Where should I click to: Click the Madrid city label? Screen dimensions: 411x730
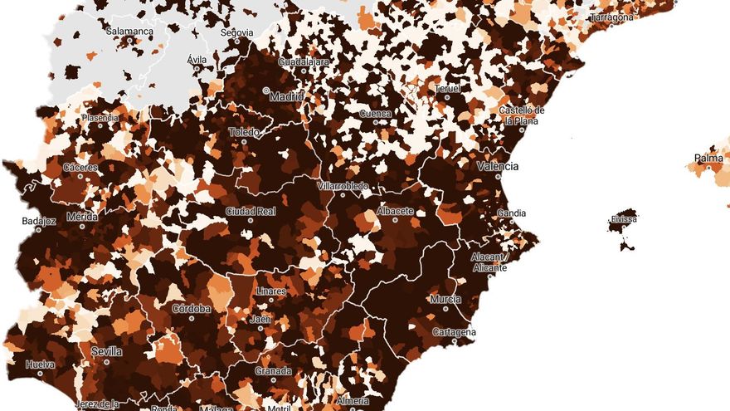click(x=287, y=96)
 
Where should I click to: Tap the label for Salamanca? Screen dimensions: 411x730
click(x=129, y=32)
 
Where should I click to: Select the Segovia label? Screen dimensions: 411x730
click(x=236, y=33)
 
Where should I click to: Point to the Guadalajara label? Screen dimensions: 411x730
click(x=304, y=61)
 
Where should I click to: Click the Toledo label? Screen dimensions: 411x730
click(x=246, y=131)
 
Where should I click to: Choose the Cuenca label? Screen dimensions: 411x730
click(x=375, y=113)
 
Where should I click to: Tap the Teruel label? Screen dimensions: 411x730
click(x=447, y=88)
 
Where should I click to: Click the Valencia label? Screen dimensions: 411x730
click(x=497, y=166)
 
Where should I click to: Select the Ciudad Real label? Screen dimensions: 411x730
click(x=251, y=212)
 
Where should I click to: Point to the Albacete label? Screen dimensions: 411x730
click(x=395, y=211)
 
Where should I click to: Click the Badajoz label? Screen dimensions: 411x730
click(x=39, y=222)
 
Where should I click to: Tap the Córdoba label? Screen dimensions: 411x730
click(x=191, y=309)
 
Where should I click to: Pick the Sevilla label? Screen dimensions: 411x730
click(x=106, y=351)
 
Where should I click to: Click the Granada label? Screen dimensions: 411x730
click(x=273, y=371)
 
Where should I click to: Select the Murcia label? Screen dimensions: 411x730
click(x=445, y=299)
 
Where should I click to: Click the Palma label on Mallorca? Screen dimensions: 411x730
click(x=708, y=158)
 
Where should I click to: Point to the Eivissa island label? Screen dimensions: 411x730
click(x=624, y=219)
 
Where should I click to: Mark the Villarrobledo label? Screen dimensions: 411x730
click(x=343, y=186)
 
